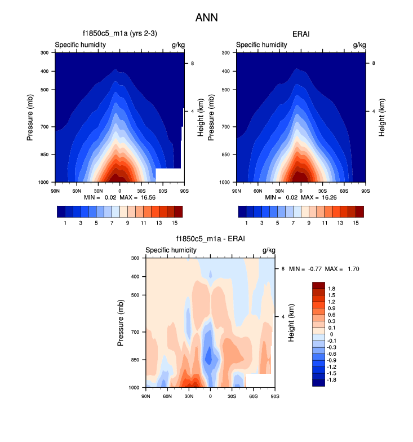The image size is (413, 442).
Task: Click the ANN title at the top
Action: point(206,17)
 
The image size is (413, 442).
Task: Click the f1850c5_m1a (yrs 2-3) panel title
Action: point(119,34)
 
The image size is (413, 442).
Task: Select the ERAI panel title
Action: point(301,34)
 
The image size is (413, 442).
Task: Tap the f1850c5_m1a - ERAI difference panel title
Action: point(210,240)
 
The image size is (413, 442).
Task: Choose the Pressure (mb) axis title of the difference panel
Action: point(121,322)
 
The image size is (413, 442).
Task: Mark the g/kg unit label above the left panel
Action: point(177,45)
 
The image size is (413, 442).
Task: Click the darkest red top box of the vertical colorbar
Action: point(318,285)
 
